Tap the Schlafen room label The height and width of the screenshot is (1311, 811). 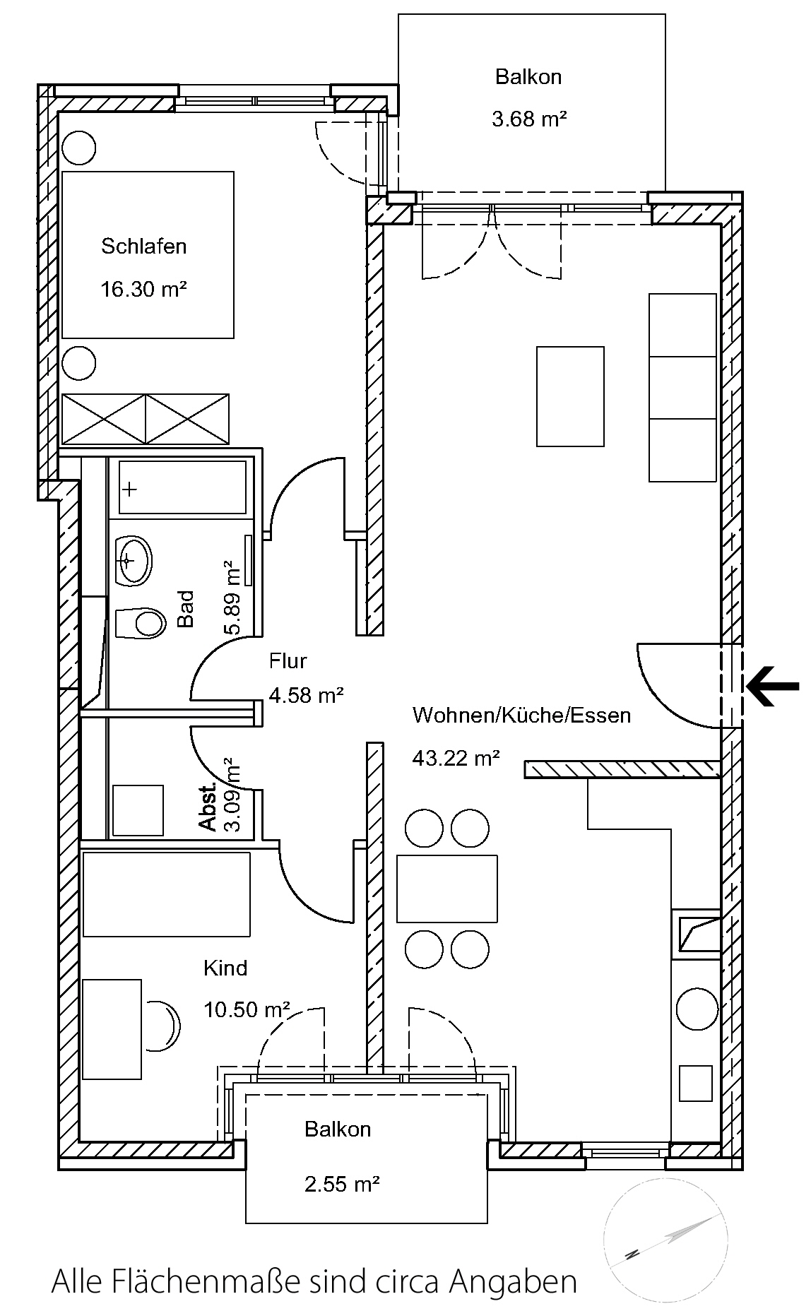click(144, 247)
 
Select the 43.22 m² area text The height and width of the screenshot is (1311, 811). click(456, 759)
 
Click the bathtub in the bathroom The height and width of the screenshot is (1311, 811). click(183, 487)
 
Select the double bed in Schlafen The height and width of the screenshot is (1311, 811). click(148, 254)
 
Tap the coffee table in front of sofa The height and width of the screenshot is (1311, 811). click(570, 396)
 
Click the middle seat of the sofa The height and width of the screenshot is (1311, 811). click(682, 388)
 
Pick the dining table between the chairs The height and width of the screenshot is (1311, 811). click(446, 889)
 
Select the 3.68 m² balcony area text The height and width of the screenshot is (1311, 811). click(529, 119)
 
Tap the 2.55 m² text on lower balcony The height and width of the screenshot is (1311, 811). click(343, 1183)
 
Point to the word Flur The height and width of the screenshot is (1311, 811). click(288, 661)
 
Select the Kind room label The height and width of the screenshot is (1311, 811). click(225, 968)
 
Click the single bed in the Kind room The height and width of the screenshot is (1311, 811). click(167, 894)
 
